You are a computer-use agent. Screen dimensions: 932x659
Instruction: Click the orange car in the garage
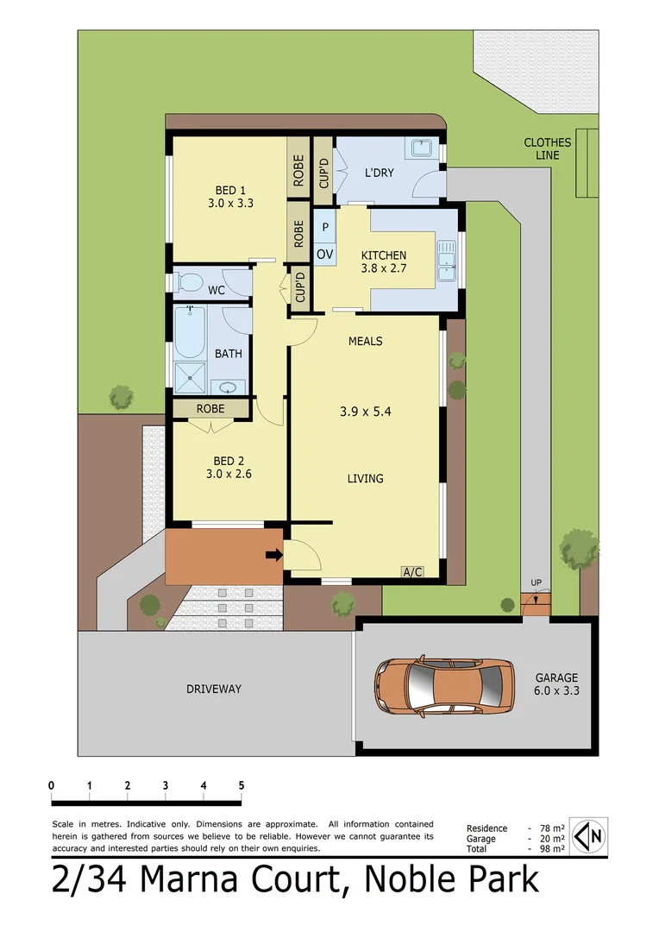(x=443, y=687)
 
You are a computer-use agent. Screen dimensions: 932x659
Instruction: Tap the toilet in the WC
(x=189, y=281)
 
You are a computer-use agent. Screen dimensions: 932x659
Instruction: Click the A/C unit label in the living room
(x=412, y=571)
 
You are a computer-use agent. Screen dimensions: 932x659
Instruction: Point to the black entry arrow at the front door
(x=273, y=555)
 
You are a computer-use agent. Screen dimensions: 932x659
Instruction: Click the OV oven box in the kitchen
(x=324, y=254)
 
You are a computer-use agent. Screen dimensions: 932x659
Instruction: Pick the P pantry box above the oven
(x=324, y=227)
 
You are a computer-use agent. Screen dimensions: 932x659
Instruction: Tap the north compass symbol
(x=590, y=836)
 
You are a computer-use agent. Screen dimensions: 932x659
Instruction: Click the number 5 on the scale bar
(x=242, y=785)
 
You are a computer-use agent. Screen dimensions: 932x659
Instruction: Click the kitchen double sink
(x=447, y=261)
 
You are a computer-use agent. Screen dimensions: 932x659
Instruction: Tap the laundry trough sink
(x=422, y=148)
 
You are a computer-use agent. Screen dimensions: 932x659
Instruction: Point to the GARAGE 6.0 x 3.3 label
(x=555, y=684)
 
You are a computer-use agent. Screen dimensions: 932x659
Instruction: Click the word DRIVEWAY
(x=214, y=689)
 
